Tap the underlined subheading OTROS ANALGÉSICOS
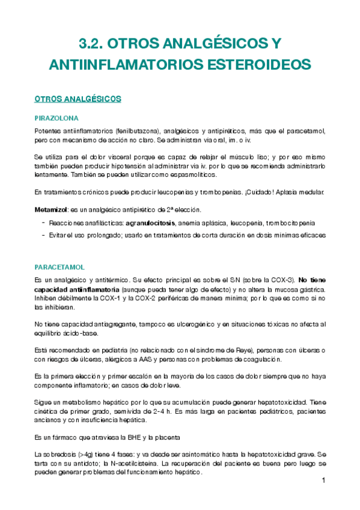[x=78, y=98]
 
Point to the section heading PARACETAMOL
[x=59, y=266]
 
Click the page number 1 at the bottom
[x=323, y=481]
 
